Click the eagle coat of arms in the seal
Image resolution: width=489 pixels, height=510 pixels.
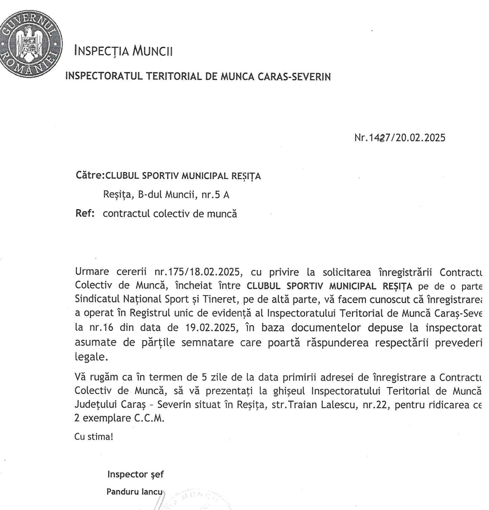pyautogui.click(x=30, y=42)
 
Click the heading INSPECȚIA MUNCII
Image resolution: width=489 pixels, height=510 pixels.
pyautogui.click(x=123, y=51)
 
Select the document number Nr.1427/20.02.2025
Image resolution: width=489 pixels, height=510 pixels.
pyautogui.click(x=400, y=138)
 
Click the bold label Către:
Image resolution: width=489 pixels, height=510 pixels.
pyautogui.click(x=90, y=176)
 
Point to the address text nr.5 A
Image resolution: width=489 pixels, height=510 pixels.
pyautogui.click(x=215, y=195)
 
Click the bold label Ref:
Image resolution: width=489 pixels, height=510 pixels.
pyautogui.click(x=85, y=213)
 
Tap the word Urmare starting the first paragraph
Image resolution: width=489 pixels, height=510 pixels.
pyautogui.click(x=92, y=272)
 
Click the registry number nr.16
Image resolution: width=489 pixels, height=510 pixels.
pyautogui.click(x=101, y=328)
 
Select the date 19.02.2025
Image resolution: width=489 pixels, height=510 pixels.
pyautogui.click(x=212, y=328)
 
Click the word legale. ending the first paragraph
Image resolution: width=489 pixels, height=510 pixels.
pyautogui.click(x=91, y=357)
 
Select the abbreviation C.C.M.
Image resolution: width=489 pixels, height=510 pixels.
pyautogui.click(x=149, y=418)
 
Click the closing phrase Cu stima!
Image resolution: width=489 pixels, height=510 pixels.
pyautogui.click(x=94, y=437)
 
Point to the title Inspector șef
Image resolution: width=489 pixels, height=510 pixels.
pyautogui.click(x=136, y=474)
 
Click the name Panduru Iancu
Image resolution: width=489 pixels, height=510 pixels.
pyautogui.click(x=135, y=492)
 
